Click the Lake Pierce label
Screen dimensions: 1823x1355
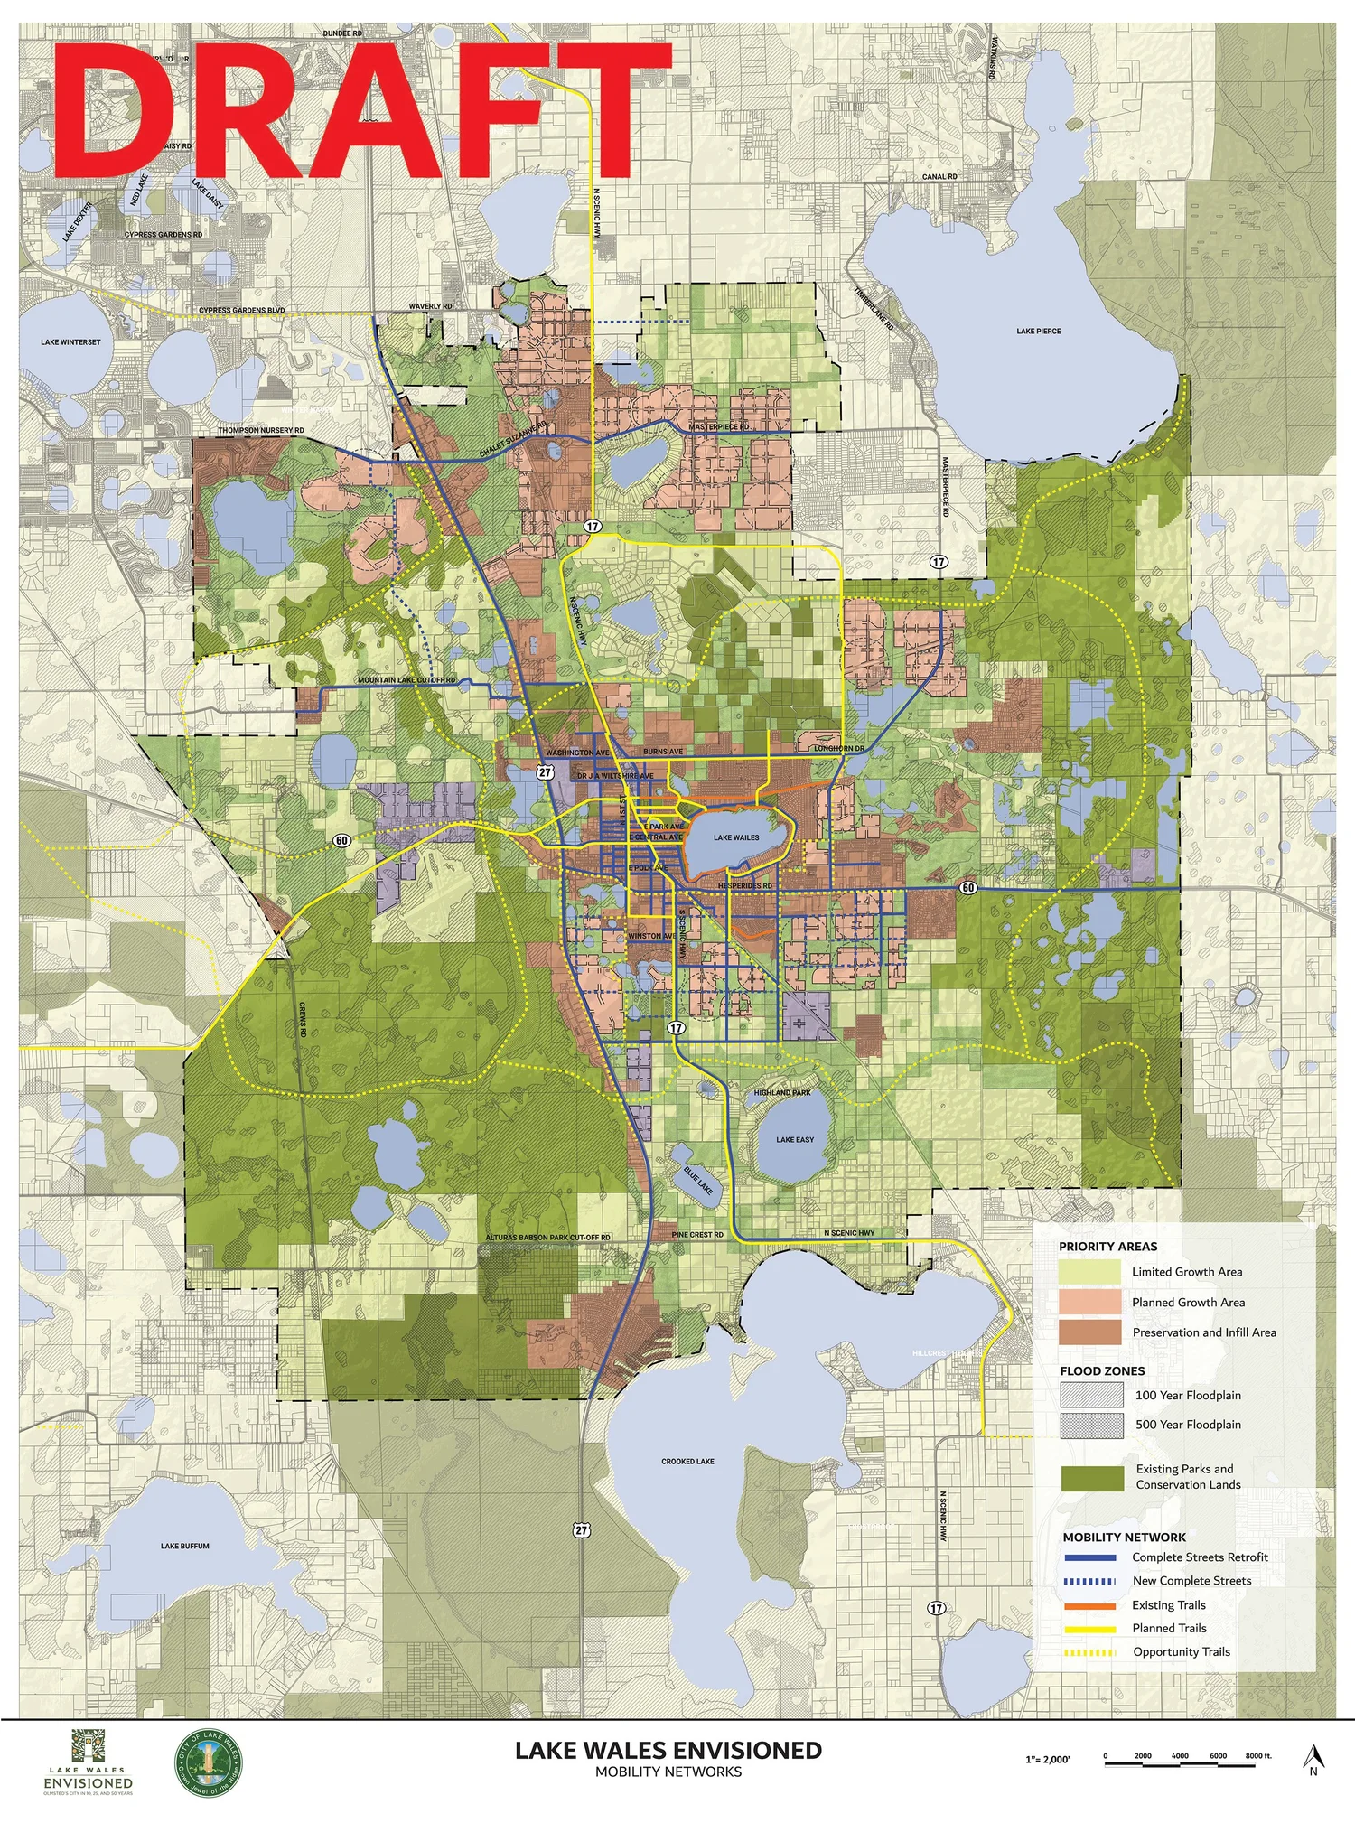click(x=1038, y=332)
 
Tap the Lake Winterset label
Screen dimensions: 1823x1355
click(x=70, y=342)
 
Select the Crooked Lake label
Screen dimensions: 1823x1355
click(x=687, y=1461)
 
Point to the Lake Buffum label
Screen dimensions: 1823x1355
click(x=184, y=1546)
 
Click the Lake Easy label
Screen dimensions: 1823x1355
click(x=794, y=1140)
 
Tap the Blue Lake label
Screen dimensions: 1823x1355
click(x=698, y=1180)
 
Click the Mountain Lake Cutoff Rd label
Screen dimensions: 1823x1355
click(x=406, y=680)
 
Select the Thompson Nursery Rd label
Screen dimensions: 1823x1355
click(x=260, y=431)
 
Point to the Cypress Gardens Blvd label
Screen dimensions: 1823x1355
click(x=241, y=311)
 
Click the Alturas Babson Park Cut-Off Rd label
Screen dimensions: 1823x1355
click(x=547, y=1238)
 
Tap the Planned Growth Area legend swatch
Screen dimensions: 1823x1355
click(x=1090, y=1302)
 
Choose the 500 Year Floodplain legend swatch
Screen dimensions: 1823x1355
click(x=1091, y=1425)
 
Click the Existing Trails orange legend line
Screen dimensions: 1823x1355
click(x=1090, y=1605)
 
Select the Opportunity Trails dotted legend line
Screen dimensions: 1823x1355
click(x=1090, y=1652)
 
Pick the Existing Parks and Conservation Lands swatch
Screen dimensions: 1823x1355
click(x=1091, y=1477)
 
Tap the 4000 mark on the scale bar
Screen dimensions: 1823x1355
click(x=1180, y=1756)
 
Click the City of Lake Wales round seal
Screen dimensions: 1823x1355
click(x=208, y=1764)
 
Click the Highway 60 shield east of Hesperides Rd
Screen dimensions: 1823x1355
click(x=967, y=888)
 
